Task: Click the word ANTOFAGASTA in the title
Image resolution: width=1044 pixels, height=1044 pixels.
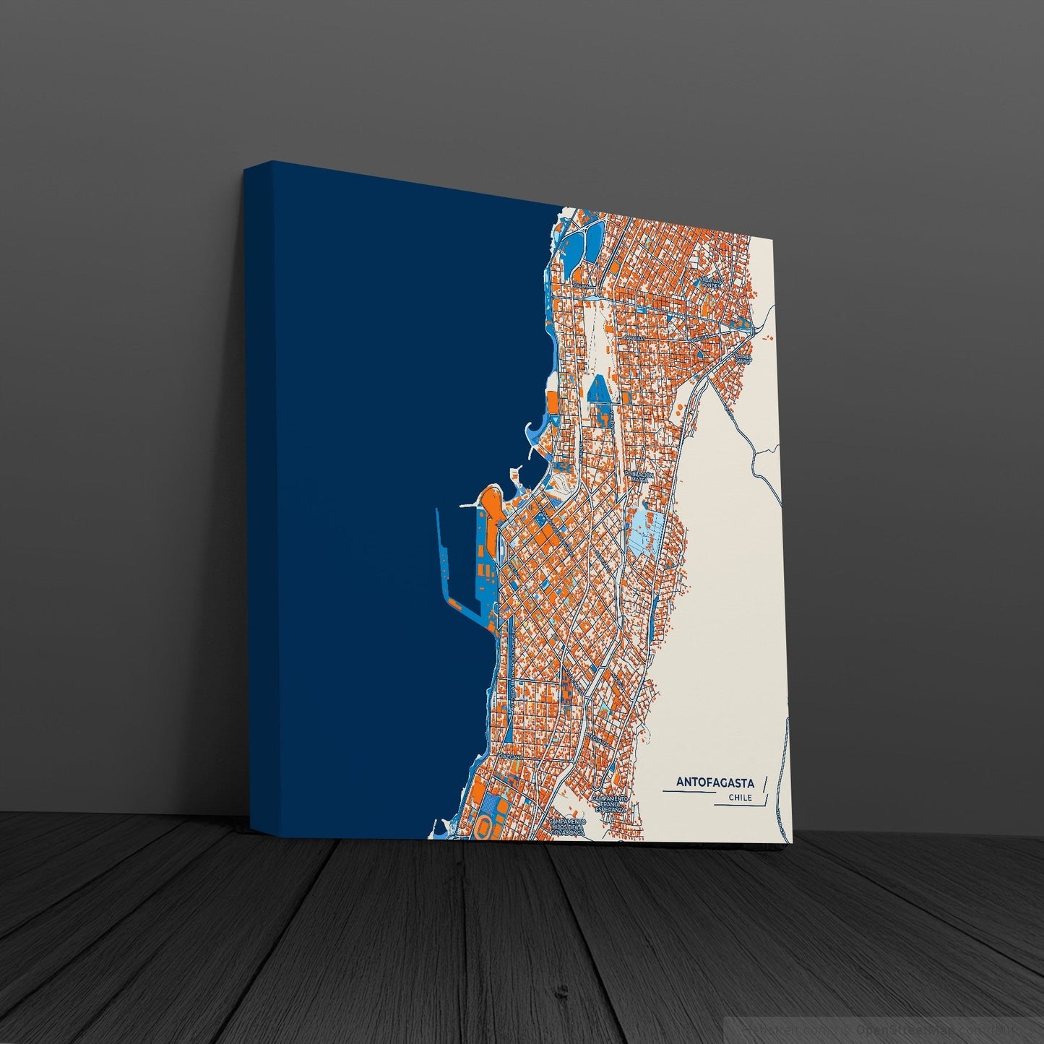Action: pyautogui.click(x=715, y=782)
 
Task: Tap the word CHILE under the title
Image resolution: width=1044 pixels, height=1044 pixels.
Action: pyautogui.click(x=740, y=798)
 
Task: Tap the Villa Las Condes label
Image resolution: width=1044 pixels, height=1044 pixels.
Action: pyautogui.click(x=711, y=282)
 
